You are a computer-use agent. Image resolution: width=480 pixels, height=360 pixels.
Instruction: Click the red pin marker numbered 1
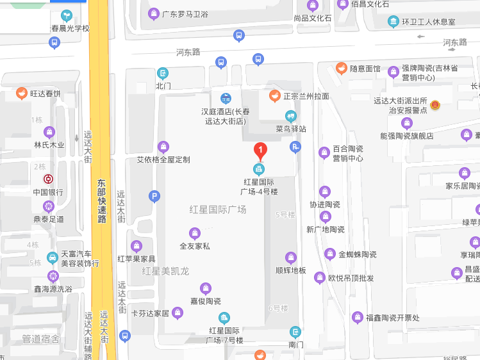tap(260, 151)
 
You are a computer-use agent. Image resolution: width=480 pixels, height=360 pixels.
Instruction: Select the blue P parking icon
tap(154, 197)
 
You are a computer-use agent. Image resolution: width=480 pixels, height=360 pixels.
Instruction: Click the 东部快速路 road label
tap(101, 200)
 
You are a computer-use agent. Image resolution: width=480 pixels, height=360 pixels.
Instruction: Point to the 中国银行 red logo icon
tap(48, 179)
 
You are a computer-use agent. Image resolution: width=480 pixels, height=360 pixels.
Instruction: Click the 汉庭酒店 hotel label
tap(225, 116)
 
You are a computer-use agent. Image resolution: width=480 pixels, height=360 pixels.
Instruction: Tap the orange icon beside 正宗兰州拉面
tap(274, 96)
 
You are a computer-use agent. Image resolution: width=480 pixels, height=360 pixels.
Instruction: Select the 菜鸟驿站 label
tap(290, 129)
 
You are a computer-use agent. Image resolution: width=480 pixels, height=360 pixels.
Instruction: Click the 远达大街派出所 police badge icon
tap(435, 104)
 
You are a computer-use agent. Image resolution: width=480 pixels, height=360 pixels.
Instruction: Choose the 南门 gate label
tap(295, 345)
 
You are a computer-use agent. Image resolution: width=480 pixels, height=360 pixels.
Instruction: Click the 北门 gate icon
tap(163, 73)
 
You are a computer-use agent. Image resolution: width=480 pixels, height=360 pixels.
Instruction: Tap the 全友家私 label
tap(195, 245)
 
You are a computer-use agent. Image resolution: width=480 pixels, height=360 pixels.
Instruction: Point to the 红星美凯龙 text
tap(166, 272)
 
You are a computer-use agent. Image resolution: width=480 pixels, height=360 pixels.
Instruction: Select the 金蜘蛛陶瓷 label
tap(357, 254)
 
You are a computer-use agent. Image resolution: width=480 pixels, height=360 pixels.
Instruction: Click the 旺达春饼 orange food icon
tap(22, 94)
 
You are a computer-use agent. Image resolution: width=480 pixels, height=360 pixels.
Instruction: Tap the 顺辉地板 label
tap(290, 270)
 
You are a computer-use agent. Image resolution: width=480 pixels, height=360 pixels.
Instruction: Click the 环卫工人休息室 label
tap(428, 22)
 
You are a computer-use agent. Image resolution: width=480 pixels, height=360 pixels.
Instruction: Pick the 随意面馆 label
tap(365, 69)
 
